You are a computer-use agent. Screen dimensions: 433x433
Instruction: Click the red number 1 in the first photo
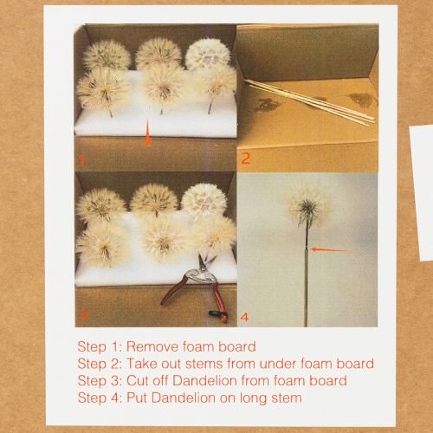coord(82,159)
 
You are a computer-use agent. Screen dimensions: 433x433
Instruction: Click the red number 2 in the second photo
coord(245,158)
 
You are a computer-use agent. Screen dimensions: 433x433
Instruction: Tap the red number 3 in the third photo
coord(84,314)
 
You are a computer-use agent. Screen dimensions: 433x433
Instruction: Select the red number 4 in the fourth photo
coord(245,317)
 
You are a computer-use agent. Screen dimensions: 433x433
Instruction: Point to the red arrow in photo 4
coord(330,250)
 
